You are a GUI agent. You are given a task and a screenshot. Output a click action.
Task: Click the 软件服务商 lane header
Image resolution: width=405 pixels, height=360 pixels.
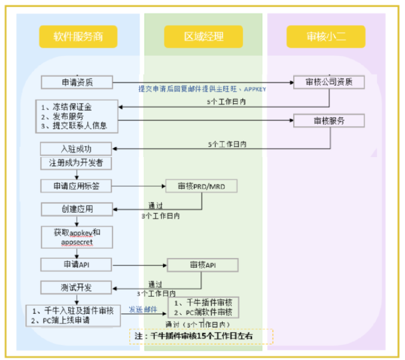[78, 36]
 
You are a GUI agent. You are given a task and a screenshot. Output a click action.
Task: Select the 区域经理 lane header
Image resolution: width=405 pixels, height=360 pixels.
[203, 36]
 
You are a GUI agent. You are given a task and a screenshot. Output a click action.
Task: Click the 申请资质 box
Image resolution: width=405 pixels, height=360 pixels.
[77, 82]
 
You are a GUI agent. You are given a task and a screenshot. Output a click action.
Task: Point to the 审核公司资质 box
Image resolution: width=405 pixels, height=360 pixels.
[329, 82]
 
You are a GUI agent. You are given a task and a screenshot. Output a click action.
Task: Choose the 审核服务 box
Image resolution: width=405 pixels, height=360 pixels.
[329, 120]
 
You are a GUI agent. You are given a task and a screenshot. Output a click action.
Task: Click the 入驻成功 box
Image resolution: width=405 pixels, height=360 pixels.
[76, 148]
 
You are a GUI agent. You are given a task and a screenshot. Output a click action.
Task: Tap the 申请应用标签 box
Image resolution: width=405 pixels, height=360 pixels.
[76, 186]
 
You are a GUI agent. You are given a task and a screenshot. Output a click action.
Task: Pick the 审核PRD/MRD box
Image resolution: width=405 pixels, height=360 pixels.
[201, 186]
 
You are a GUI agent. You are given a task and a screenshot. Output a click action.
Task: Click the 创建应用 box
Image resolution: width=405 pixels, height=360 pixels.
[77, 209]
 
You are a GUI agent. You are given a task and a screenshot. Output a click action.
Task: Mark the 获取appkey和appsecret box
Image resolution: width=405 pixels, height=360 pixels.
[77, 237]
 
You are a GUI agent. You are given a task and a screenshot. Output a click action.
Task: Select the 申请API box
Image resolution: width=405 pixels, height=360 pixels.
[76, 264]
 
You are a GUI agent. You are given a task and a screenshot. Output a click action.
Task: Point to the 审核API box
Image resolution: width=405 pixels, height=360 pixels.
[203, 265]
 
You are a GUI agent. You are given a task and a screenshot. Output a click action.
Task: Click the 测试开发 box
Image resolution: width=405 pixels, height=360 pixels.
[76, 287]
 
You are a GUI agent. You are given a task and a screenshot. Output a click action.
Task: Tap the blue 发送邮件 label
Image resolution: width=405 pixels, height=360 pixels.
[143, 309]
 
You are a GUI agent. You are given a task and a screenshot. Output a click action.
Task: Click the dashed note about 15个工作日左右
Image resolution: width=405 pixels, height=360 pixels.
[201, 336]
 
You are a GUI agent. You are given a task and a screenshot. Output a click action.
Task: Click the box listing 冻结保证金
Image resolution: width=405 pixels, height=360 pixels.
[77, 116]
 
